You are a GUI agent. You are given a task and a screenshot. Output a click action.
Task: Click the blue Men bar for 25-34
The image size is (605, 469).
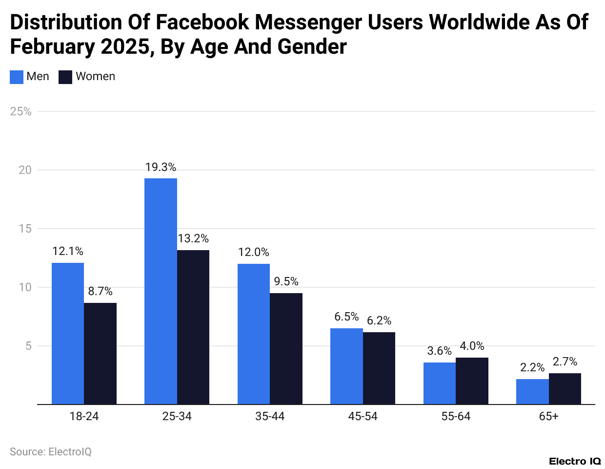tap(161, 291)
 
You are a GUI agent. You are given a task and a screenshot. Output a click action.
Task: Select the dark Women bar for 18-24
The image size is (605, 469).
tap(100, 354)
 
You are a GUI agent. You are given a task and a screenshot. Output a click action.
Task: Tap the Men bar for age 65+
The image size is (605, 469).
tap(532, 391)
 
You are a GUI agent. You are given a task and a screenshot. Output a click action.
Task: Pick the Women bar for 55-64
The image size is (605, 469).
tap(472, 381)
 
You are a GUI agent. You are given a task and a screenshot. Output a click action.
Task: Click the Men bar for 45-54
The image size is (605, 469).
tap(346, 366)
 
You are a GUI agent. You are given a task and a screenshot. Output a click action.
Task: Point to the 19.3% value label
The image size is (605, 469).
tap(161, 167)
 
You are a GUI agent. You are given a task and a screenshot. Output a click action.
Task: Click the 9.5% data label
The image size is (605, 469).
tap(286, 281)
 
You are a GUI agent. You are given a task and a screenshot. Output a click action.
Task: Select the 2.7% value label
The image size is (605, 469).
tap(565, 362)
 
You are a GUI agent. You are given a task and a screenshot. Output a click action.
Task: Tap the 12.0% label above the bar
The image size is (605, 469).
tap(253, 252)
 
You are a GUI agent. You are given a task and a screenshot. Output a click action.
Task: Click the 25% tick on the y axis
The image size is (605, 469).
tap(20, 111)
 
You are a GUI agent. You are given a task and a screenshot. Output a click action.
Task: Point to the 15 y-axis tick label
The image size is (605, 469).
tap(25, 229)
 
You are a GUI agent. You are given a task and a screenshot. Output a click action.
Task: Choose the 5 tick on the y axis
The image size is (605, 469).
tap(28, 346)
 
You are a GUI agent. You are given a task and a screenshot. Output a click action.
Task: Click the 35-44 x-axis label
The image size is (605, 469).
tap(270, 416)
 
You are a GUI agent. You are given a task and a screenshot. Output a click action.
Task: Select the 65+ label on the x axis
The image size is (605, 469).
tap(548, 416)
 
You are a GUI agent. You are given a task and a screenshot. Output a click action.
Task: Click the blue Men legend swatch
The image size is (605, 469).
tap(17, 77)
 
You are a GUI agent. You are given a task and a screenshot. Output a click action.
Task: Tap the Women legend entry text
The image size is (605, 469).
tap(95, 76)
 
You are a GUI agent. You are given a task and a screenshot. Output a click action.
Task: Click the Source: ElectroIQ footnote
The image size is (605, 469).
tap(51, 451)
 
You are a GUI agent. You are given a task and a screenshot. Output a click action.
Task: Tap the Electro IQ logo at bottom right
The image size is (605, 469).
tap(575, 461)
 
